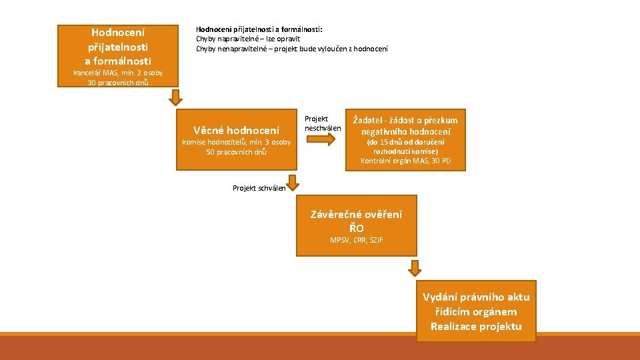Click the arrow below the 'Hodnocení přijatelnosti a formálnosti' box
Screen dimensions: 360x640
[175, 97]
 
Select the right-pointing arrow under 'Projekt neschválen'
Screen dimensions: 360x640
[321, 139]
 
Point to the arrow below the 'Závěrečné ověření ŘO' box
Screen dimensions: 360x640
[415, 268]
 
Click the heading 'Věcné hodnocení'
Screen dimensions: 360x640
[236, 130]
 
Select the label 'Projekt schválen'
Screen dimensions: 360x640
[259, 188]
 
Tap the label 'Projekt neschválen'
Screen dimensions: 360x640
[322, 123]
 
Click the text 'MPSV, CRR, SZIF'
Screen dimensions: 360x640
[356, 240]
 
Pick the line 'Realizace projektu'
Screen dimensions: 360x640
[476, 326]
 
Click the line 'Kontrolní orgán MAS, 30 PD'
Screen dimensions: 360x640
[405, 161]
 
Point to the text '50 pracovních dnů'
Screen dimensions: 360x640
[236, 152]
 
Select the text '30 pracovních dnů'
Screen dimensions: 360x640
[118, 83]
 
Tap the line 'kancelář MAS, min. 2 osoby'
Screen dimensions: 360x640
[118, 73]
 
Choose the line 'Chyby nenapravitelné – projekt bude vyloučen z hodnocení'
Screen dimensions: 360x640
[291, 49]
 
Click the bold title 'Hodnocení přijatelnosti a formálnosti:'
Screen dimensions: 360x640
[259, 29]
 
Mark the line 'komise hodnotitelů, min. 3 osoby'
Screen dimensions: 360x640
[236, 142]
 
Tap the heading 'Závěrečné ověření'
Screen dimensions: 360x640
[356, 214]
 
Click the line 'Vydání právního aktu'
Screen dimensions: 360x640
[476, 297]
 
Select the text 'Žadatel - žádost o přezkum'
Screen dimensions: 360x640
[405, 120]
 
